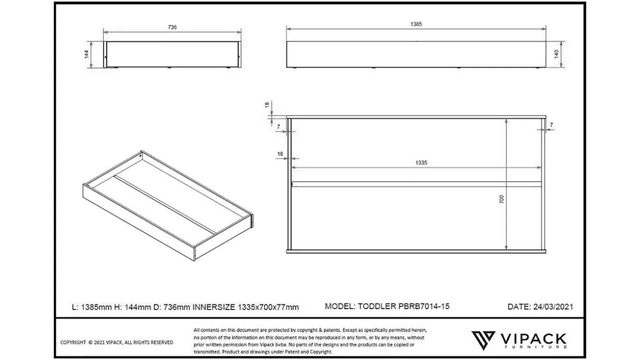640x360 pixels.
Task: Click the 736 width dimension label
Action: [172, 27]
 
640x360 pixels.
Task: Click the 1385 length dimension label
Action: [416, 24]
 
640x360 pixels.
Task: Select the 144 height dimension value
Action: [87, 54]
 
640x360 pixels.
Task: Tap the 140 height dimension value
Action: [556, 54]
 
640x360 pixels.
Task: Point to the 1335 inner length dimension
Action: [421, 162]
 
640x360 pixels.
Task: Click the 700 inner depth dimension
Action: [502, 199]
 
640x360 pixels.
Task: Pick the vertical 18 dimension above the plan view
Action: [267, 105]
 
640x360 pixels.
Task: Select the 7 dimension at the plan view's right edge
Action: [551, 125]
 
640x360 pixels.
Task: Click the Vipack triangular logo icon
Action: [483, 340]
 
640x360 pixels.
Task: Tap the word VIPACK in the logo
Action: [533, 339]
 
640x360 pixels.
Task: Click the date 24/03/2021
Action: [553, 306]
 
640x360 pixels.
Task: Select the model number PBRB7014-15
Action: [424, 306]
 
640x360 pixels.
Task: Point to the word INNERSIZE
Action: [214, 307]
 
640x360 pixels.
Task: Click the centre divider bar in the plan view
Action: [417, 184]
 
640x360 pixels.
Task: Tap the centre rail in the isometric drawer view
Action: [165, 204]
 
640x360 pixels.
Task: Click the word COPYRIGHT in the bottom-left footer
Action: [73, 342]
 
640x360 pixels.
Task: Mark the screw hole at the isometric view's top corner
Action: [140, 156]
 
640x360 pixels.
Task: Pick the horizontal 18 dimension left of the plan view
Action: [280, 154]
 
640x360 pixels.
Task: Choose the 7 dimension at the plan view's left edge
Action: [279, 126]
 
